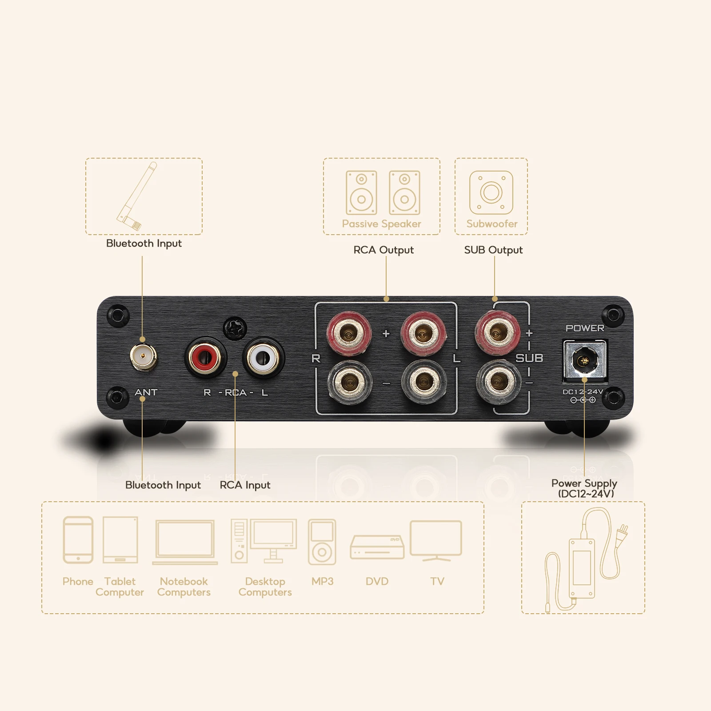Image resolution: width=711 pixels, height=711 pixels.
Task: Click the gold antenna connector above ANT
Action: pyautogui.click(x=143, y=356)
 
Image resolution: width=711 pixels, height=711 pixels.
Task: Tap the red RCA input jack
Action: pyautogui.click(x=205, y=356)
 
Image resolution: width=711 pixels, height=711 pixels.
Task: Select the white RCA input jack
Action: pyautogui.click(x=263, y=356)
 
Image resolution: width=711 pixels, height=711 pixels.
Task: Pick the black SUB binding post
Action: pyautogui.click(x=498, y=381)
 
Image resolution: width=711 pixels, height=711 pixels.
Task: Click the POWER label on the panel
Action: pyautogui.click(x=585, y=328)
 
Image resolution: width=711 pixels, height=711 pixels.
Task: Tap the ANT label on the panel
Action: pyautogui.click(x=146, y=392)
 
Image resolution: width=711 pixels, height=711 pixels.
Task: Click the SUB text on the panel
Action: pyautogui.click(x=529, y=358)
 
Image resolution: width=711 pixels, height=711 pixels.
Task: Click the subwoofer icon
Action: pyautogui.click(x=491, y=192)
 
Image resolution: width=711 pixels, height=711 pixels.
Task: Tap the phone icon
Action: pyautogui.click(x=78, y=540)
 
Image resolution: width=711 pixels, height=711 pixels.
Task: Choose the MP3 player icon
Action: pyautogui.click(x=322, y=542)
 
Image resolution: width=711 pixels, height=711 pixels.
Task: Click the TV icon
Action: pyautogui.click(x=436, y=540)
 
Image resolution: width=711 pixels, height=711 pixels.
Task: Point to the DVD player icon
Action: pyautogui.click(x=377, y=547)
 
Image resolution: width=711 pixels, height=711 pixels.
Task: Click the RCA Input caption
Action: pyautogui.click(x=245, y=485)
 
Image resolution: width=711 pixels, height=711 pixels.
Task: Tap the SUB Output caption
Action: pyautogui.click(x=493, y=250)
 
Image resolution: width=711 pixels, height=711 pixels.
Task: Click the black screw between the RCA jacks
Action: pyautogui.click(x=235, y=328)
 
